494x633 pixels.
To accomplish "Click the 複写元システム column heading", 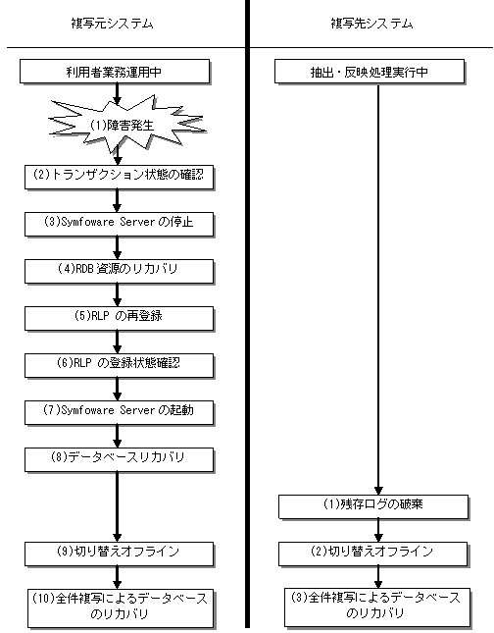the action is (112, 24).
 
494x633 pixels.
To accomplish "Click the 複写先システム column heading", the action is (371, 24).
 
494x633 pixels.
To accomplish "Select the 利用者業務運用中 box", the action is (115, 72).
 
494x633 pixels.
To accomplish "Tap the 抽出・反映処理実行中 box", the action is (370, 72).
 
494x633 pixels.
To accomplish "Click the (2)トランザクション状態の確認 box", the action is (119, 177).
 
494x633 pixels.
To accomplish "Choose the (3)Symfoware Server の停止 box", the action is (119, 224).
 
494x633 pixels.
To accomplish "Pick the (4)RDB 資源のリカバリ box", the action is (119, 271).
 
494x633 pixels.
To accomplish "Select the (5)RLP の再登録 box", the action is (119, 318).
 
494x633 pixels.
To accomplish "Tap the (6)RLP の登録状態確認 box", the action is (119, 365).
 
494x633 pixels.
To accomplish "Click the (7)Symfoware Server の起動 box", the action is (119, 412).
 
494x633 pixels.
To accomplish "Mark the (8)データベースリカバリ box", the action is (119, 459).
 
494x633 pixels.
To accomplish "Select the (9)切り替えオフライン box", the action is (119, 554).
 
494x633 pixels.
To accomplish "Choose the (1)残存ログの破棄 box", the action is (373, 506).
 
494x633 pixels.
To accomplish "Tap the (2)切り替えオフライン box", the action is (373, 554).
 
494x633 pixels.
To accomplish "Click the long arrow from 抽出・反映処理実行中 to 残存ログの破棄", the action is (378, 290).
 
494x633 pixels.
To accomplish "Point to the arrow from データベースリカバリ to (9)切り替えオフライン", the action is (118, 507).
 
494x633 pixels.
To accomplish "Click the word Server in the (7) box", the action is (137, 410).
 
